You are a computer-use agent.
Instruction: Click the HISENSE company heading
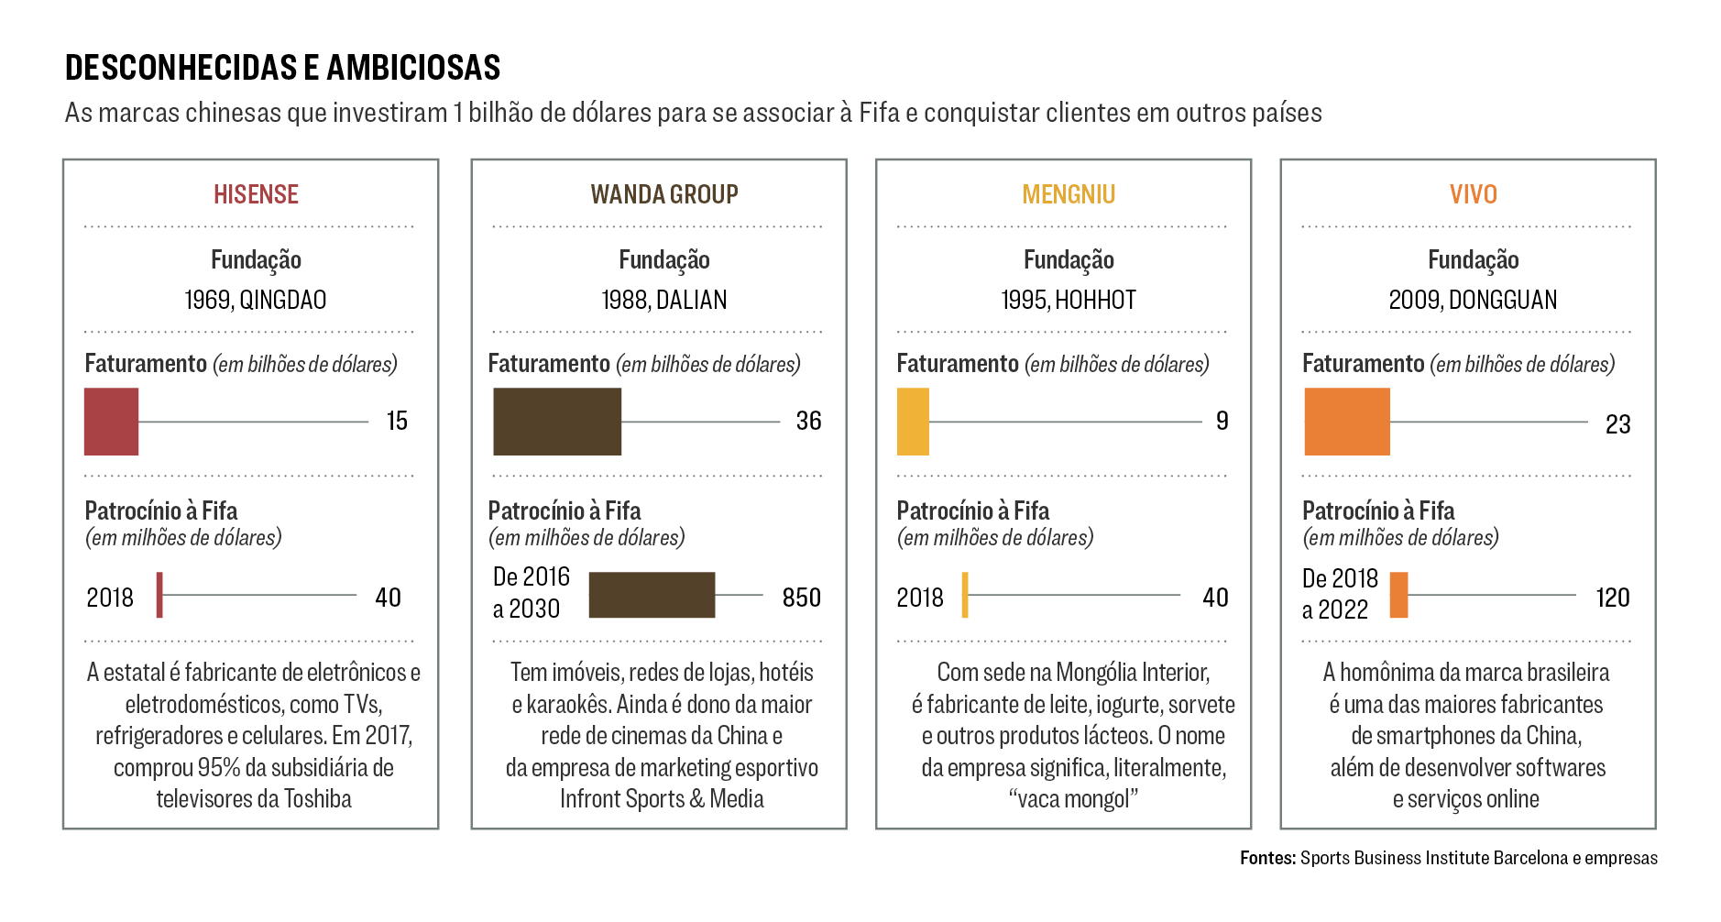click(x=256, y=194)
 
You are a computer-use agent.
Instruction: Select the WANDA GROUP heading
click(x=663, y=194)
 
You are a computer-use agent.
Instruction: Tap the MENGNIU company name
click(x=1069, y=194)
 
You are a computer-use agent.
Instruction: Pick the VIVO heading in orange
click(x=1473, y=194)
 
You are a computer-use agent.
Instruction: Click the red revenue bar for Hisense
click(x=111, y=422)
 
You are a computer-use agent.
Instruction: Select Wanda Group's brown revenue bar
click(x=556, y=422)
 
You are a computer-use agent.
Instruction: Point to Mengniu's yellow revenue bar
click(x=913, y=422)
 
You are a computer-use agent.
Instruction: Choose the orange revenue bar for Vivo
click(x=1346, y=422)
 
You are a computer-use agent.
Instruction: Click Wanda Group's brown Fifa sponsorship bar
click(x=651, y=595)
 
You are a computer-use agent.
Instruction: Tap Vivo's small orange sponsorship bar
click(x=1398, y=595)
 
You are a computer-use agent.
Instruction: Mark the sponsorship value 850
click(x=801, y=598)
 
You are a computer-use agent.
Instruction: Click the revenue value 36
click(x=808, y=421)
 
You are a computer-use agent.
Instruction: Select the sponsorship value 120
click(x=1612, y=598)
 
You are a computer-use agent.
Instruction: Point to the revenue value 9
click(x=1222, y=421)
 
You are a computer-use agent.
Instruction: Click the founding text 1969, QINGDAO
click(x=255, y=300)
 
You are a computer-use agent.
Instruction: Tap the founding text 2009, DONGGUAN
click(x=1473, y=300)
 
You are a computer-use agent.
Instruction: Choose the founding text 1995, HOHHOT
click(x=1069, y=300)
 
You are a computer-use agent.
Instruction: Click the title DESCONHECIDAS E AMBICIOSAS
click(x=282, y=68)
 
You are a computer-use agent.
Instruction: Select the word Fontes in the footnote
click(x=1267, y=858)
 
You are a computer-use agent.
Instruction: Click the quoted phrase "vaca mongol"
click(x=1073, y=799)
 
